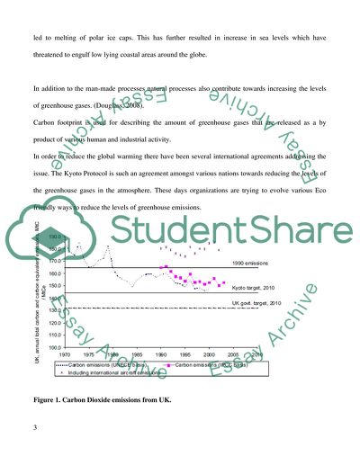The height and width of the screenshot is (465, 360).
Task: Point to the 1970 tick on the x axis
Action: (64, 354)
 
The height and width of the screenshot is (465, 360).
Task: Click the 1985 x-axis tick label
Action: (137, 354)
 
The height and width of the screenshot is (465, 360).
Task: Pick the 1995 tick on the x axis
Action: (185, 354)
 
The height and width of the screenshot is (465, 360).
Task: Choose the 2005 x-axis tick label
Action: (233, 354)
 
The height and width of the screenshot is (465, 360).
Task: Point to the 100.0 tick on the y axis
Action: (54, 346)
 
